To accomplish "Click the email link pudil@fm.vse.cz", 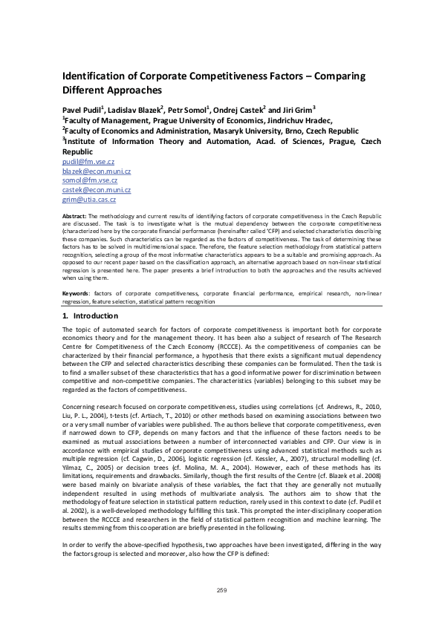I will click(88, 162).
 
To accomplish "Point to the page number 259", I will click(221, 590).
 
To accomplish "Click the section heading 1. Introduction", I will click(87, 316).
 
